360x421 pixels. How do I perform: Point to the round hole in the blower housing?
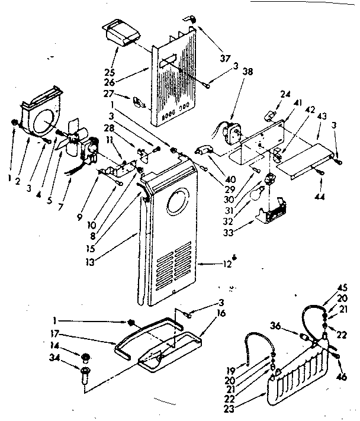pyautogui.click(x=43, y=123)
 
